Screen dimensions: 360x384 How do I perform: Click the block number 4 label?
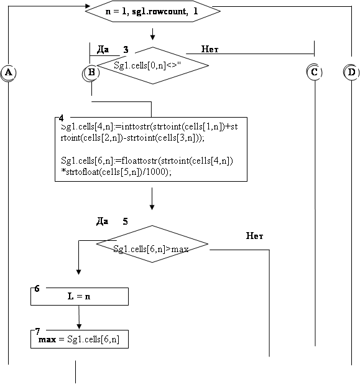[61, 118]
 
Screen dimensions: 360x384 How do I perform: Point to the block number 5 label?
[125, 222]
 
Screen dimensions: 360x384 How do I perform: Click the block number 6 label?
[37, 289]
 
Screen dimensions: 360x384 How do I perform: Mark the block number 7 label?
[37, 331]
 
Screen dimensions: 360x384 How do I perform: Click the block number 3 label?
[126, 50]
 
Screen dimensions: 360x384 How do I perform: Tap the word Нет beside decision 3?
[210, 49]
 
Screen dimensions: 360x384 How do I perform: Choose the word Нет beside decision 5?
[254, 236]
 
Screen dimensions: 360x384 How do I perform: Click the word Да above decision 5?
[102, 222]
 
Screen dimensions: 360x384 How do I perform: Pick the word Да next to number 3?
[103, 50]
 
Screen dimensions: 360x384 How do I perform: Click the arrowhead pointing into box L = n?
[78, 272]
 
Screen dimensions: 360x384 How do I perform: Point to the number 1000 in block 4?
[157, 172]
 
